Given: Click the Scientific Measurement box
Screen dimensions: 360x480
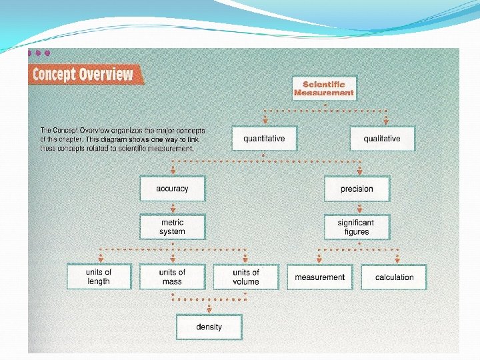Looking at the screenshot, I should click(324, 89).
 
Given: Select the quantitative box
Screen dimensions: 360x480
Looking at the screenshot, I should click(264, 139).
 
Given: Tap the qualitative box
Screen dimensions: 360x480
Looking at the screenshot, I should click(382, 139).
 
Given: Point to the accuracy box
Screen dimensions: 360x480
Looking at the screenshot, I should click(172, 189).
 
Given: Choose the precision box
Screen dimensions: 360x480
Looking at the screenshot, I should click(357, 189).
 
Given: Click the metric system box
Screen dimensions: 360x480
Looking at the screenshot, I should click(172, 227).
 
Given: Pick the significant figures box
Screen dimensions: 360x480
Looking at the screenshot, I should click(356, 227).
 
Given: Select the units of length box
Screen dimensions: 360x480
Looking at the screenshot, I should click(99, 277).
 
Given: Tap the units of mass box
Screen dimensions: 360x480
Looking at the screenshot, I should click(172, 277).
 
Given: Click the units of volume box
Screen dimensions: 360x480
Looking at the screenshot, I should click(245, 277).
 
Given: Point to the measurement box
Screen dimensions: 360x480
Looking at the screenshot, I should click(319, 277).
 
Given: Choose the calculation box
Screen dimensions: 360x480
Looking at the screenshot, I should click(394, 277).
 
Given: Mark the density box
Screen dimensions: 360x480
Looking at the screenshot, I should click(209, 327).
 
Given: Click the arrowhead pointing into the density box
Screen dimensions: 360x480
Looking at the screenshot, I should click(209, 309).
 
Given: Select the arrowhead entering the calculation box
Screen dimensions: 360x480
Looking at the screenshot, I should click(398, 260).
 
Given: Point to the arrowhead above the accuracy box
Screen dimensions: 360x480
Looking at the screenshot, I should click(172, 171).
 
